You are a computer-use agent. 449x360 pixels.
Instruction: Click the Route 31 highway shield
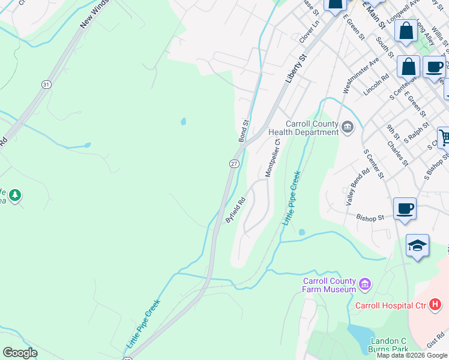pos(46,85)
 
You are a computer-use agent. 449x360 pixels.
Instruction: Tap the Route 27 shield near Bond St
pos(234,163)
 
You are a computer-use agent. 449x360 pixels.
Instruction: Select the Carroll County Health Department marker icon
pos(348,127)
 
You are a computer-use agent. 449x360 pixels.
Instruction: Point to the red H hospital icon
pos(435,305)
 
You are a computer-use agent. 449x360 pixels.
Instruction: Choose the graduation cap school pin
pos(417,245)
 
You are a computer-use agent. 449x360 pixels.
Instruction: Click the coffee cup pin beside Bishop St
pos(405,208)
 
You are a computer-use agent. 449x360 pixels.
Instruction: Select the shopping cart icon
pos(444,137)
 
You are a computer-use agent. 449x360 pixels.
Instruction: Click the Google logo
pos(20,353)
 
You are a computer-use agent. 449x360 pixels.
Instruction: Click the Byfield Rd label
pos(236,211)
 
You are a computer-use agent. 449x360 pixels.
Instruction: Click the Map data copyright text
pos(412,355)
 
